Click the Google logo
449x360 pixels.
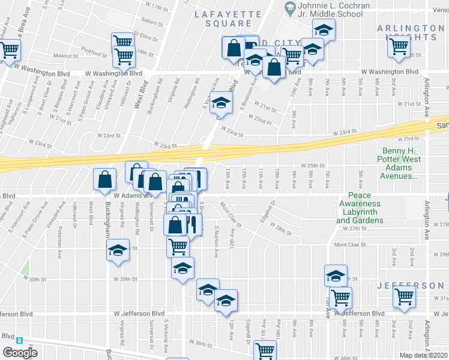click(20, 352)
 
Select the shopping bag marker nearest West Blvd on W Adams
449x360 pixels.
click(106, 178)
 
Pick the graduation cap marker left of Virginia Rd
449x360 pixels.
click(118, 250)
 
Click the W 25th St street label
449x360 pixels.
click(312, 165)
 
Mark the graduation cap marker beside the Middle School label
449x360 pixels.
click(324, 29)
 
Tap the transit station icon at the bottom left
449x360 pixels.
click(19, 340)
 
